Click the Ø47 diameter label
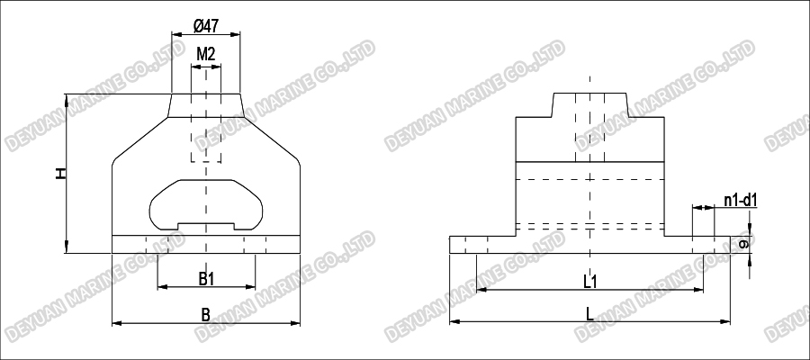[x=206, y=25]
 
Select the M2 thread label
[x=206, y=54]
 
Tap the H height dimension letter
[x=60, y=172]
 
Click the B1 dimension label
[x=206, y=279]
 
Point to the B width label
[x=205, y=314]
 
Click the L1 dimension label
[x=590, y=282]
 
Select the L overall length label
[x=589, y=314]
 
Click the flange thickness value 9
[x=743, y=244]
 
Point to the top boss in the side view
[x=589, y=104]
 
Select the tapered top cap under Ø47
[x=206, y=106]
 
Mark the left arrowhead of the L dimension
[x=454, y=320]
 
